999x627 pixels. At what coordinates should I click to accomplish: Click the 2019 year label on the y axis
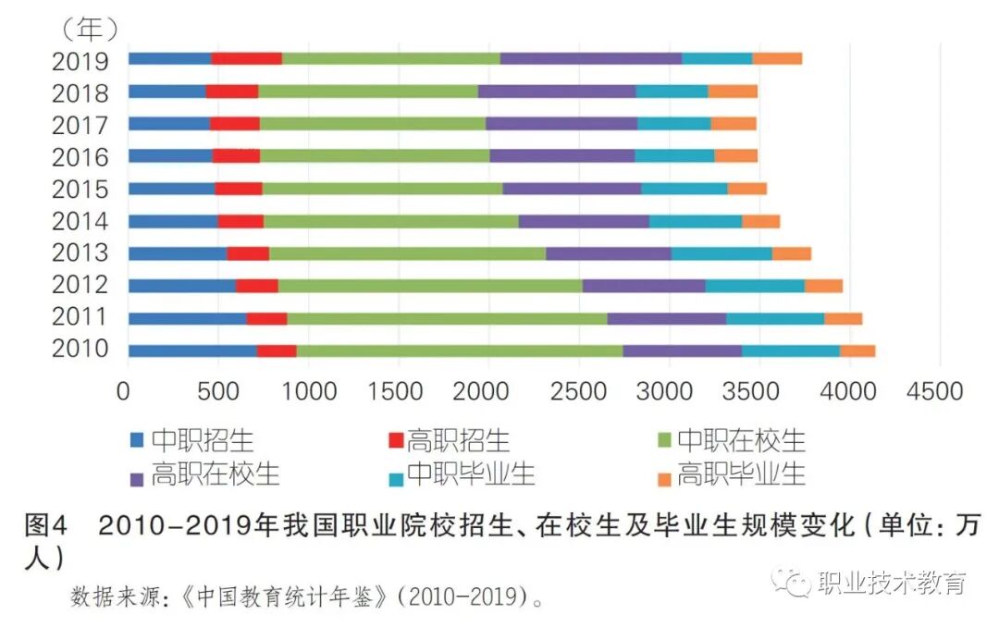[80, 62]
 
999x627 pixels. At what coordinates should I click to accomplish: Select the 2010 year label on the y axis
[80, 350]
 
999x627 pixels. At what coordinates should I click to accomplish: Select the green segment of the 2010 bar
[459, 350]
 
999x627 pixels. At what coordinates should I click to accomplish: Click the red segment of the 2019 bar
[246, 58]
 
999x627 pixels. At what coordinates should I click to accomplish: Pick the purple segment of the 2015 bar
[572, 189]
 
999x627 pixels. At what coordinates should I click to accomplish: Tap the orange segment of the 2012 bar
[822, 286]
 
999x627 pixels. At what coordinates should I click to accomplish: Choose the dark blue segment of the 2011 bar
[187, 319]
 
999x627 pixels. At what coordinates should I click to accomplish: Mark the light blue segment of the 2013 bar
[721, 253]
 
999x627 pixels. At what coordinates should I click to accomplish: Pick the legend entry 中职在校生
[740, 439]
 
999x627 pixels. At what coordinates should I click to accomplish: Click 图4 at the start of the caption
[46, 526]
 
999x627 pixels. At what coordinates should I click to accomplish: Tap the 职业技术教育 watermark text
[892, 583]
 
